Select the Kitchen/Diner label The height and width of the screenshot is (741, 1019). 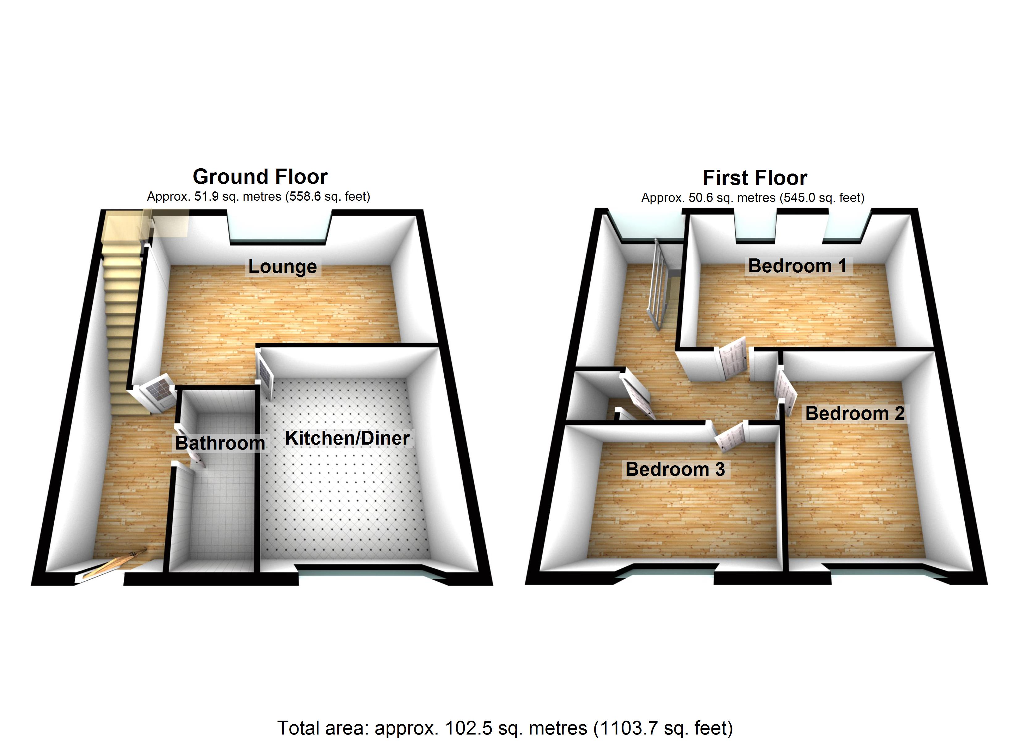point(347,438)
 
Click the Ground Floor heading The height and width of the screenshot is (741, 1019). point(260,177)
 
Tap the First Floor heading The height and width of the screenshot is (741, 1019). point(755,178)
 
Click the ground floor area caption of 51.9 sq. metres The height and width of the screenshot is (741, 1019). point(258,197)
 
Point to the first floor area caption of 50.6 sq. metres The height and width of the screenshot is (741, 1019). point(753,198)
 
